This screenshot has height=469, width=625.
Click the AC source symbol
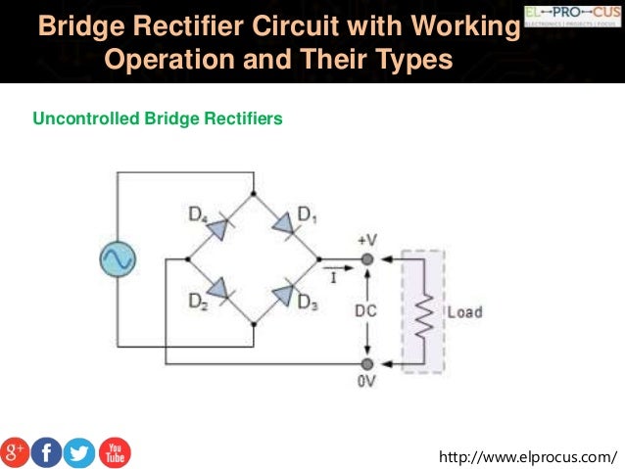click(x=118, y=259)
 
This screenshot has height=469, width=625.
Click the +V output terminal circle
click(x=367, y=259)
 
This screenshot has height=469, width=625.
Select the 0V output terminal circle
click(x=367, y=364)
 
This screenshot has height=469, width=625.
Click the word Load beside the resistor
click(x=464, y=312)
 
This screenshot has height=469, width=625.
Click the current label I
click(x=333, y=277)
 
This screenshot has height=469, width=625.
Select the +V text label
click(x=367, y=239)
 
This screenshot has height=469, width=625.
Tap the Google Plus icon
click(x=15, y=450)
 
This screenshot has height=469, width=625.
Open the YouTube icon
click(x=114, y=451)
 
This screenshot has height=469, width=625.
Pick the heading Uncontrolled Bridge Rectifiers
click(x=158, y=119)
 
